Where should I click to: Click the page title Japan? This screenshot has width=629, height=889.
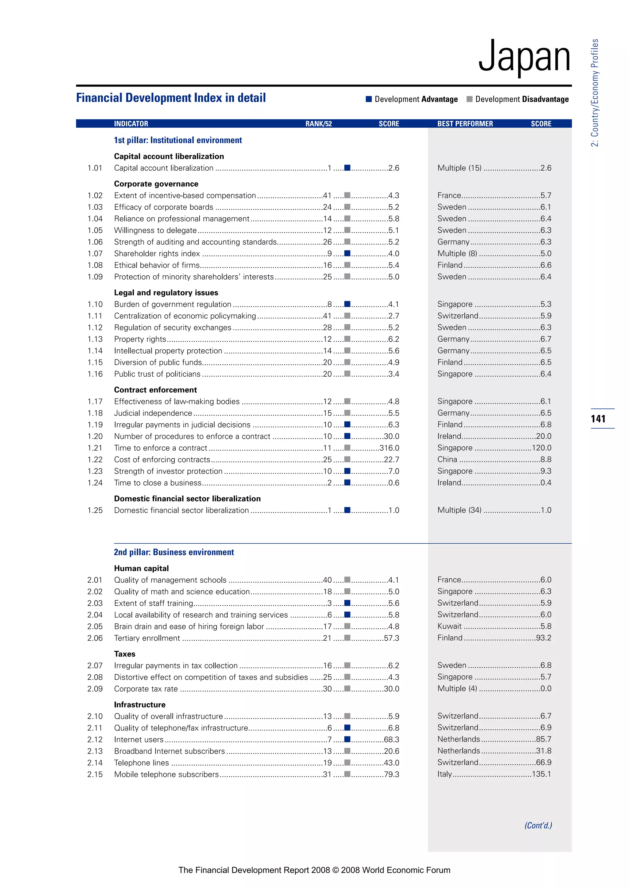[525, 57]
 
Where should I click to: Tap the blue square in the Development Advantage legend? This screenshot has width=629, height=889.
[369, 99]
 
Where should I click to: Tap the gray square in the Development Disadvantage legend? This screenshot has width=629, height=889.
[469, 99]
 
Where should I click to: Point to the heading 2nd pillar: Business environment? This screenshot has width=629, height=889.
[174, 552]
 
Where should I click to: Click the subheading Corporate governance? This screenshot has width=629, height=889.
[156, 184]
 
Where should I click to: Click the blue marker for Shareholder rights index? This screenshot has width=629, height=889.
[347, 254]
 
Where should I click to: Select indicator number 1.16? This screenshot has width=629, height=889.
[95, 374]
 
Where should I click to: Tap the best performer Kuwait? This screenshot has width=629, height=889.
[449, 626]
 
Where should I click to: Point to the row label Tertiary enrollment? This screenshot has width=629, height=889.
[147, 638]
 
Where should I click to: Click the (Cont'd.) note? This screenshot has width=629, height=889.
[538, 825]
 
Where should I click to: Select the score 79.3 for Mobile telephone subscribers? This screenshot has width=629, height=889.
[392, 774]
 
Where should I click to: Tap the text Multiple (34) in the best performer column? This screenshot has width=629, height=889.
[459, 510]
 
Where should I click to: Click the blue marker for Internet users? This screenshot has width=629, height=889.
[347, 739]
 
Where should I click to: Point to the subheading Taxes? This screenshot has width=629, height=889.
[125, 654]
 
